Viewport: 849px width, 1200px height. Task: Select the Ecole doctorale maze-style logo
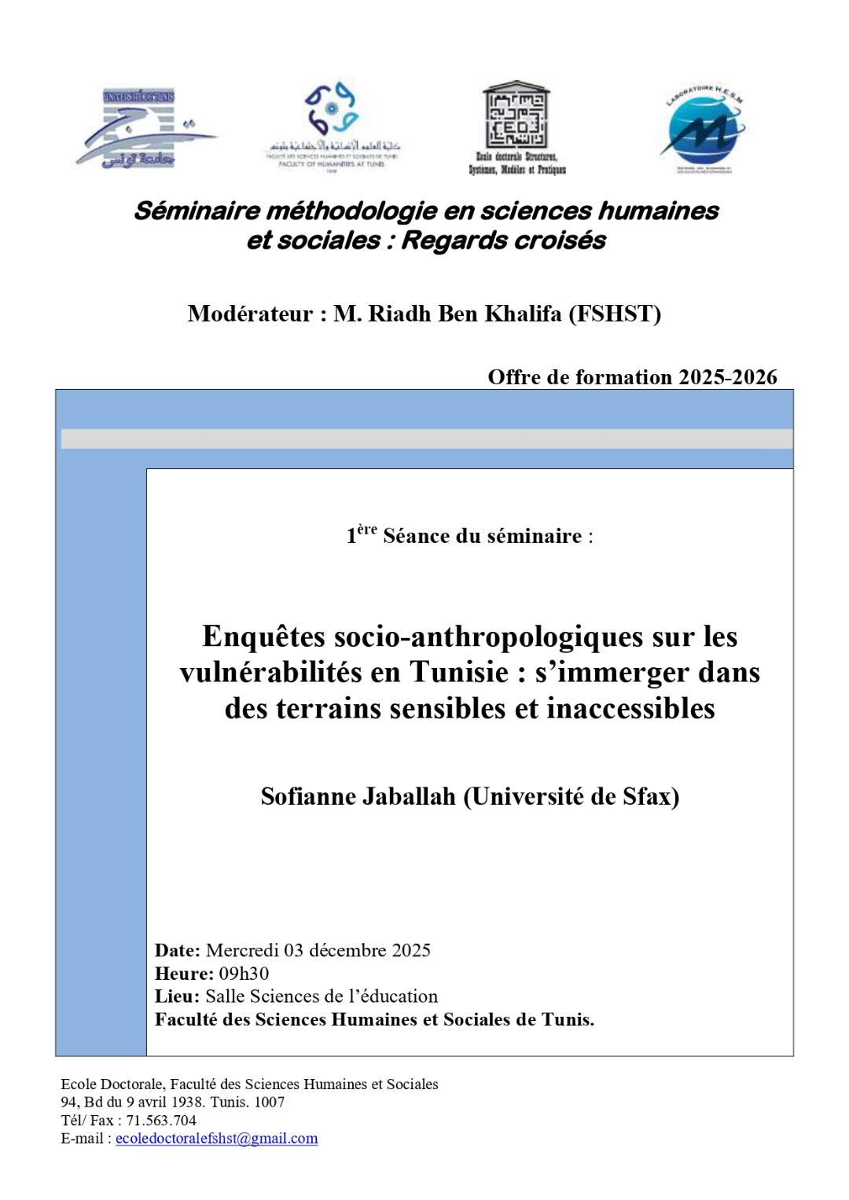[x=516, y=126]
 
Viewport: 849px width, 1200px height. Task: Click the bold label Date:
[x=178, y=950]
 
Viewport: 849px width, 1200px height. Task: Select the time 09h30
[x=244, y=974]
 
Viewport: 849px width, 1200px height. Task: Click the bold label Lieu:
[x=177, y=996]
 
